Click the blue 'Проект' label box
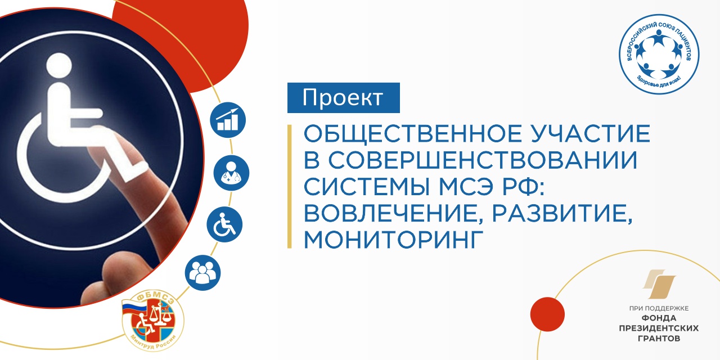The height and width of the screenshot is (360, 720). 343,98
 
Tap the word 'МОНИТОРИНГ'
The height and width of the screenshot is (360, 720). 393,240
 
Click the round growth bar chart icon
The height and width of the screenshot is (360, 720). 228,120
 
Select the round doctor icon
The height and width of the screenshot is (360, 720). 231,173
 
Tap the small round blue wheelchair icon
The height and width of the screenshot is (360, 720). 224,224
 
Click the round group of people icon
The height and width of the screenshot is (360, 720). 203,273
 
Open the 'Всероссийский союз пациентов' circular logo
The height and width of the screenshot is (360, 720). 659,54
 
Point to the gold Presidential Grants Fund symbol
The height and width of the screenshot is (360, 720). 659,284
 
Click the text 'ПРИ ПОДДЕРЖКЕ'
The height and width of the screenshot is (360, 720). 659,309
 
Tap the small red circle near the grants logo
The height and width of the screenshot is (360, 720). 547,314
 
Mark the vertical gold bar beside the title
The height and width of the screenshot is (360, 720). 290,186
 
